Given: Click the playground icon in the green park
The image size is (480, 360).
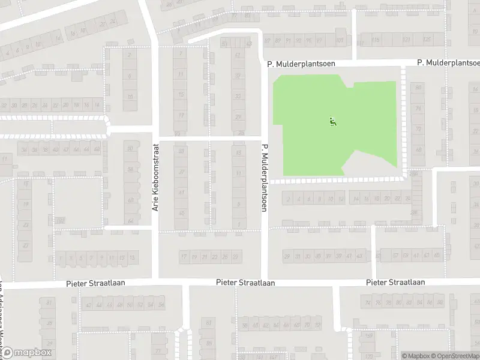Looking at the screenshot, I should pos(332,122).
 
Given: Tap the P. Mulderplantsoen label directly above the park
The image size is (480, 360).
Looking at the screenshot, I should pos(301,63).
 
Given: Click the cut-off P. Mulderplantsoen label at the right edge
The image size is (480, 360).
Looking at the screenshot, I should pos(448,63).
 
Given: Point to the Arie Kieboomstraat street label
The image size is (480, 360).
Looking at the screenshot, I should pos(155,177).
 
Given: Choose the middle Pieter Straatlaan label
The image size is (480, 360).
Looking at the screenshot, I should pos(245,282).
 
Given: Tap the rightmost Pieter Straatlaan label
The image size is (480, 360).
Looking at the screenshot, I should pos(395,282).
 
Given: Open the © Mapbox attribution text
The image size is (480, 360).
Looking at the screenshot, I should pos(415,355).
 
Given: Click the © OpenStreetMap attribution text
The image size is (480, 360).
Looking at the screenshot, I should pos(454,355).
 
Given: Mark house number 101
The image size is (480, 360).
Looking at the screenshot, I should pos(340,41).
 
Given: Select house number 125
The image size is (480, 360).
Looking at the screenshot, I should pos(427,40).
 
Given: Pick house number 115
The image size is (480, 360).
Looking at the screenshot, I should pos(376,40).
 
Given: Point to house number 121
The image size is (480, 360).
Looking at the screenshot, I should pos(407,40).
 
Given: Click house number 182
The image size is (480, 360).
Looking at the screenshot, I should pos(60,220).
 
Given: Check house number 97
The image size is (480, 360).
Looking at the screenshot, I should pos(319,41).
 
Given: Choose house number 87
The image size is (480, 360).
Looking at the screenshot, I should pos(268,41).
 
